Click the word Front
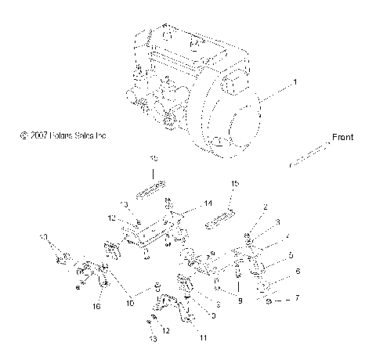pyautogui.click(x=342, y=137)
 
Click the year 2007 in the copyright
pyautogui.click(x=41, y=135)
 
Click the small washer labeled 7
pyautogui.click(x=269, y=299)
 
